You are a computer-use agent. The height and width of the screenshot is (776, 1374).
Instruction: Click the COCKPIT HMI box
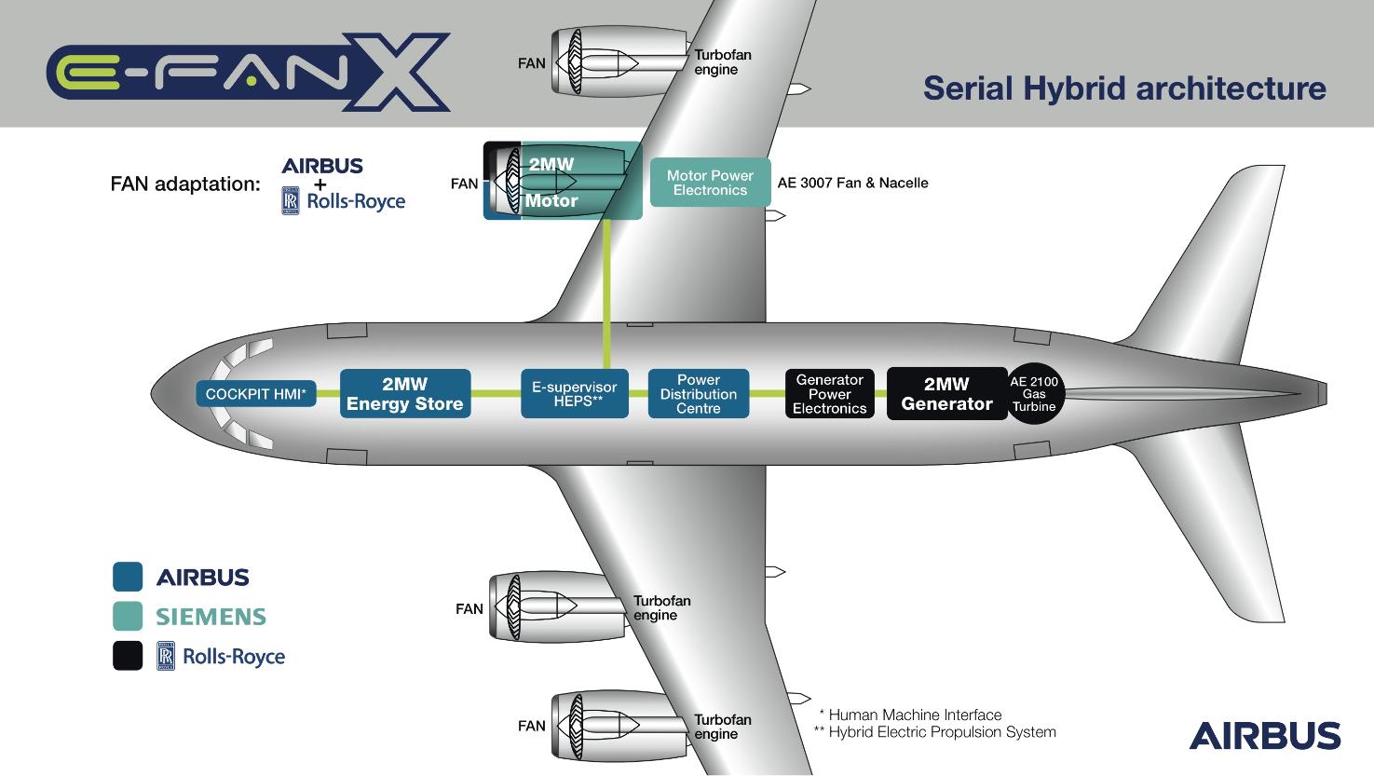click(x=256, y=394)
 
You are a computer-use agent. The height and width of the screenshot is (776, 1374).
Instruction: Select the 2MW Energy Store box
click(x=404, y=394)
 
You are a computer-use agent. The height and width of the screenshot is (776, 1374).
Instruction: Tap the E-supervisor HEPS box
click(x=574, y=394)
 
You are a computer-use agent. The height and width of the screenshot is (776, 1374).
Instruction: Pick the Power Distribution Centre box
click(x=698, y=394)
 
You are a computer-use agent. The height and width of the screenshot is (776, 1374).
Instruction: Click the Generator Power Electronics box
click(x=829, y=394)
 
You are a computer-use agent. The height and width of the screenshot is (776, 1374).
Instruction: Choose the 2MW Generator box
click(x=946, y=394)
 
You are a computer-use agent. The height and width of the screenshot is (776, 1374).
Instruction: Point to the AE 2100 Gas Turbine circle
click(x=1034, y=394)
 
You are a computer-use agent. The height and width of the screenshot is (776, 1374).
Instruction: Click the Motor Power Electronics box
click(x=710, y=183)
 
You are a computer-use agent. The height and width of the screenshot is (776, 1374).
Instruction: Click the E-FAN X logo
click(x=248, y=72)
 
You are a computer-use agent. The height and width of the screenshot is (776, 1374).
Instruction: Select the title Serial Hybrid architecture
click(x=1124, y=88)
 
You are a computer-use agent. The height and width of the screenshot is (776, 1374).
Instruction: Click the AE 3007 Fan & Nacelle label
click(x=852, y=183)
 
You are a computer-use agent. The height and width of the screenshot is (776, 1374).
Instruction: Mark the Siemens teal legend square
click(x=128, y=617)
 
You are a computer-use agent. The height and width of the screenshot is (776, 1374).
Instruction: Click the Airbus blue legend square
click(x=128, y=577)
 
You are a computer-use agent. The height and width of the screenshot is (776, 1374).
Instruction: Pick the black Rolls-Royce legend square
click(x=128, y=656)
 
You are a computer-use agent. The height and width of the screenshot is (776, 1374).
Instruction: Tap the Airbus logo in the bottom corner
click(x=1264, y=735)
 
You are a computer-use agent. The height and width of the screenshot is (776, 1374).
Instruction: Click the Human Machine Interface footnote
click(x=910, y=715)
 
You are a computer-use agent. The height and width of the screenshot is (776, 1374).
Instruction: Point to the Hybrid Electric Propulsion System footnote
click(x=935, y=732)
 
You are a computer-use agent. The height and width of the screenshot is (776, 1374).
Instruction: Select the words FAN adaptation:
click(x=185, y=184)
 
